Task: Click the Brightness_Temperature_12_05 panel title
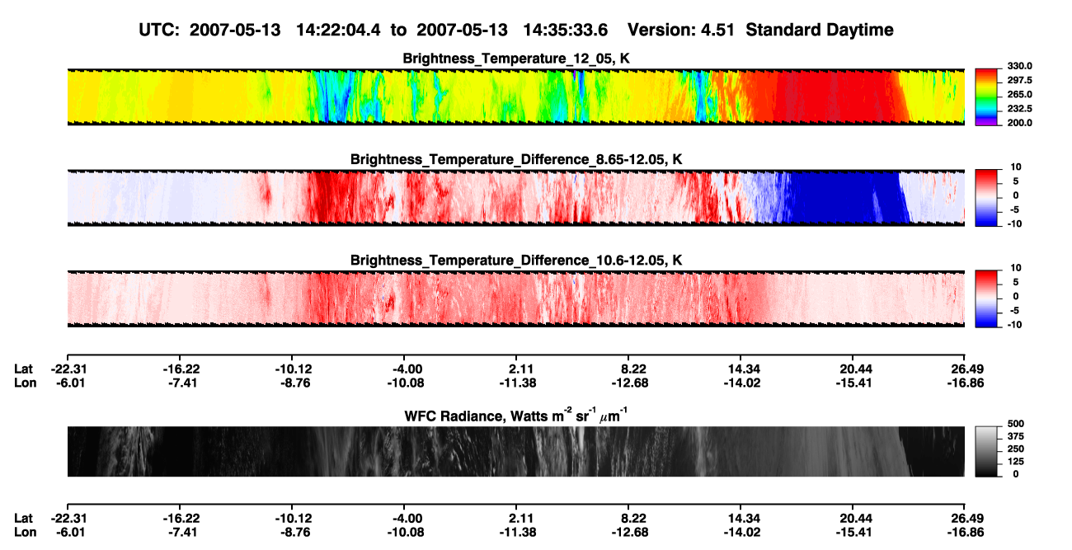(516, 59)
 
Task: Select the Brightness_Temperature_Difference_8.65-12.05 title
(516, 159)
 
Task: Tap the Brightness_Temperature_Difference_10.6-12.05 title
(516, 261)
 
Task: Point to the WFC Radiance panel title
(516, 415)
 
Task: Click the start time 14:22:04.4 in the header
(338, 30)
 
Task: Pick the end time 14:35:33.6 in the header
(565, 30)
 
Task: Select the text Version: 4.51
(680, 30)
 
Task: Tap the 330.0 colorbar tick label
(1019, 66)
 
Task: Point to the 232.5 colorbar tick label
(1019, 109)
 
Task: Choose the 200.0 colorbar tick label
(1019, 123)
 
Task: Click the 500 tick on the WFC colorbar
(1016, 424)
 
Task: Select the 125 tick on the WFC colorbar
(1016, 462)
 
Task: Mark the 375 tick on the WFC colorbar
(1016, 436)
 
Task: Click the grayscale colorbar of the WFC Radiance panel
(986, 451)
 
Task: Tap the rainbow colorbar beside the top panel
(986, 97)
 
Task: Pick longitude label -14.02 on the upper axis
(742, 383)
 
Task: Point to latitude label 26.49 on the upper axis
(966, 369)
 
